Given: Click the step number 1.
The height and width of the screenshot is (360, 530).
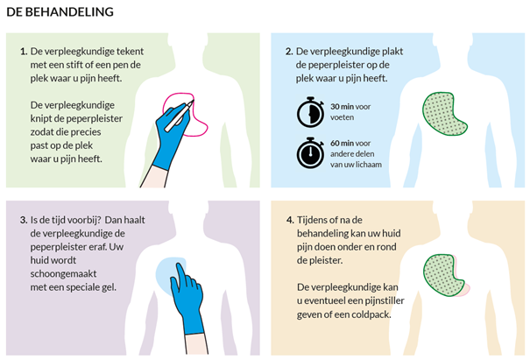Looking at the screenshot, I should coord(23,52).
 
